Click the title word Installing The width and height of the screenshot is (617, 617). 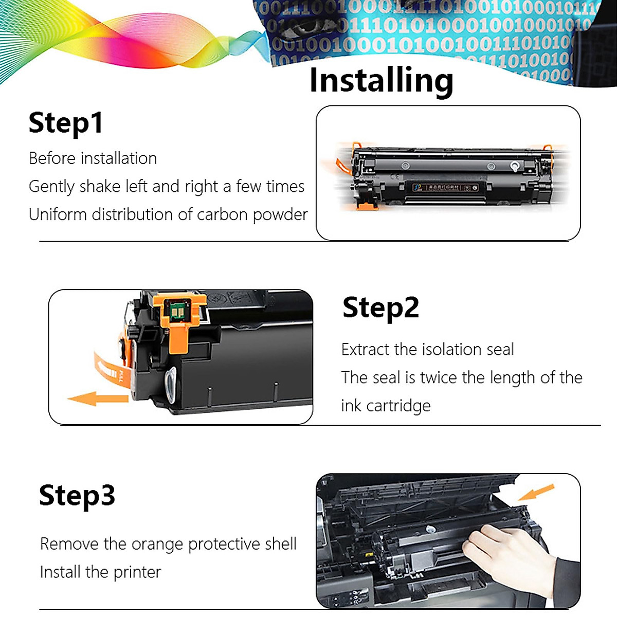(x=381, y=81)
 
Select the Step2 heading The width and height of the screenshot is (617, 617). (x=380, y=307)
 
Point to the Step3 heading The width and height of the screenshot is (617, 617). (x=77, y=495)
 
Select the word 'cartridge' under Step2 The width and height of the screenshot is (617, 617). (x=398, y=406)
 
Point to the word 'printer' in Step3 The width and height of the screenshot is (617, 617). (x=137, y=572)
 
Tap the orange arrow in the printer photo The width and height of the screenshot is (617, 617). (x=536, y=492)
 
